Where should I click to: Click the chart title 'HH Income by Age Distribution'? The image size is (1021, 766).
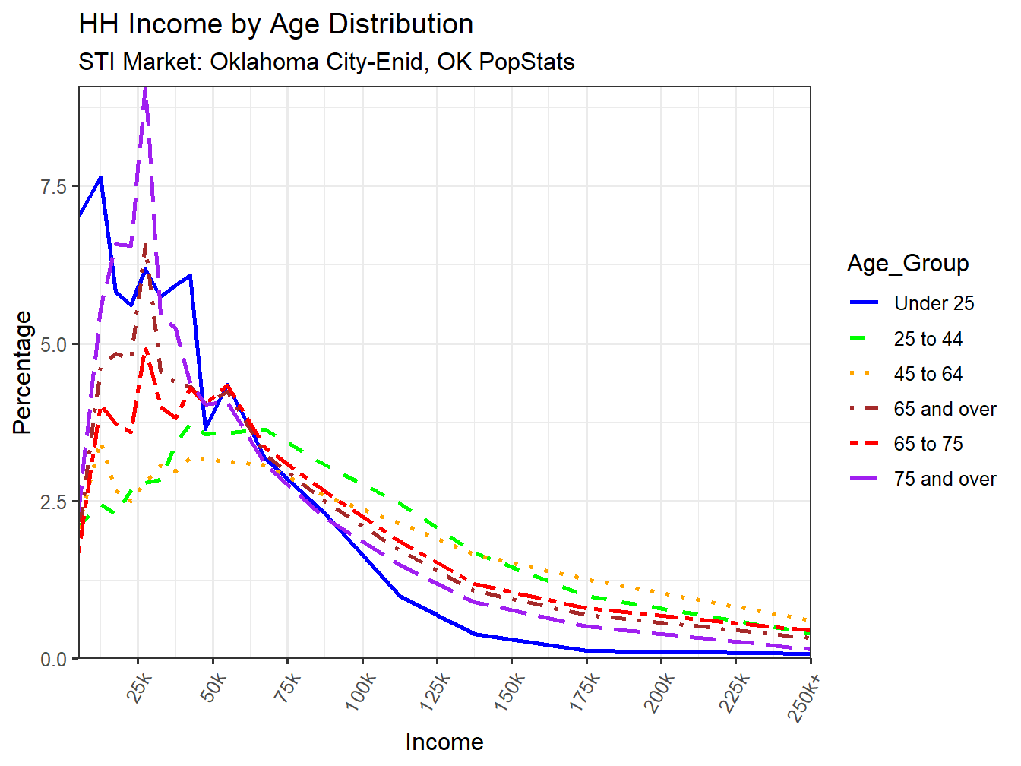click(x=276, y=24)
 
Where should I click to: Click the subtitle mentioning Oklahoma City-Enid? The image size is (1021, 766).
click(x=326, y=62)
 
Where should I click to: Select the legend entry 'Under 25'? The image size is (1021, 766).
click(x=934, y=303)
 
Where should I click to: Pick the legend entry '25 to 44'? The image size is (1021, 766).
click(x=928, y=339)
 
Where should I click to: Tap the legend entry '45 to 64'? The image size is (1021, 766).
click(x=928, y=374)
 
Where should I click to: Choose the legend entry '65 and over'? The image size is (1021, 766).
click(x=944, y=409)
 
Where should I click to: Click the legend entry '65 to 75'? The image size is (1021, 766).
click(x=928, y=444)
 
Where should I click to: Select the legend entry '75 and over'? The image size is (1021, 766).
click(x=944, y=479)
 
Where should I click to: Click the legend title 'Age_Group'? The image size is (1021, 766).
click(x=908, y=264)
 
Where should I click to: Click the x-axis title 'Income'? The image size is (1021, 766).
click(x=444, y=742)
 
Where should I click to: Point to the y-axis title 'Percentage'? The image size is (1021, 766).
click(x=23, y=372)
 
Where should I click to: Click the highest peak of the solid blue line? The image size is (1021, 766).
click(x=100, y=177)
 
